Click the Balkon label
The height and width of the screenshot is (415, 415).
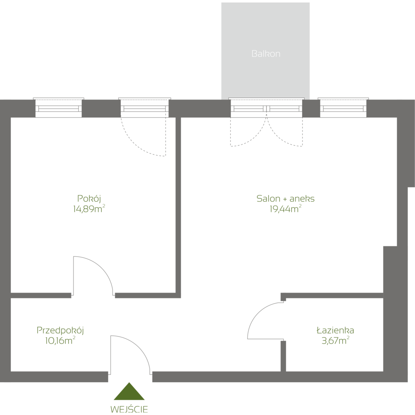[x=266, y=54]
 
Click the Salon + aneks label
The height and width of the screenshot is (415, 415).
[x=286, y=199]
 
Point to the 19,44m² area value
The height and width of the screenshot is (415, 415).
[x=286, y=209]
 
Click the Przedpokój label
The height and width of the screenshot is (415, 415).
[x=61, y=331]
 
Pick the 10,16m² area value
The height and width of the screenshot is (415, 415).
[x=60, y=341]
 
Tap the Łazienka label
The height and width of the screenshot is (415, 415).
[x=335, y=331]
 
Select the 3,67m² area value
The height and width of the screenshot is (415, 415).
[x=334, y=341]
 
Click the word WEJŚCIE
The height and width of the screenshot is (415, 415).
[x=129, y=409]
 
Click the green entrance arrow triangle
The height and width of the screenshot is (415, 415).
[x=129, y=393]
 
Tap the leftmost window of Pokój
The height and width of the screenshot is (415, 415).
[x=58, y=108]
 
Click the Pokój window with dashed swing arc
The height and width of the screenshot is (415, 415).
[x=144, y=108]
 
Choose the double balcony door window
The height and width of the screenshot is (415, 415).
[x=266, y=108]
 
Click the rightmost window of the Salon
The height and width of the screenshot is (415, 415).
[x=343, y=108]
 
